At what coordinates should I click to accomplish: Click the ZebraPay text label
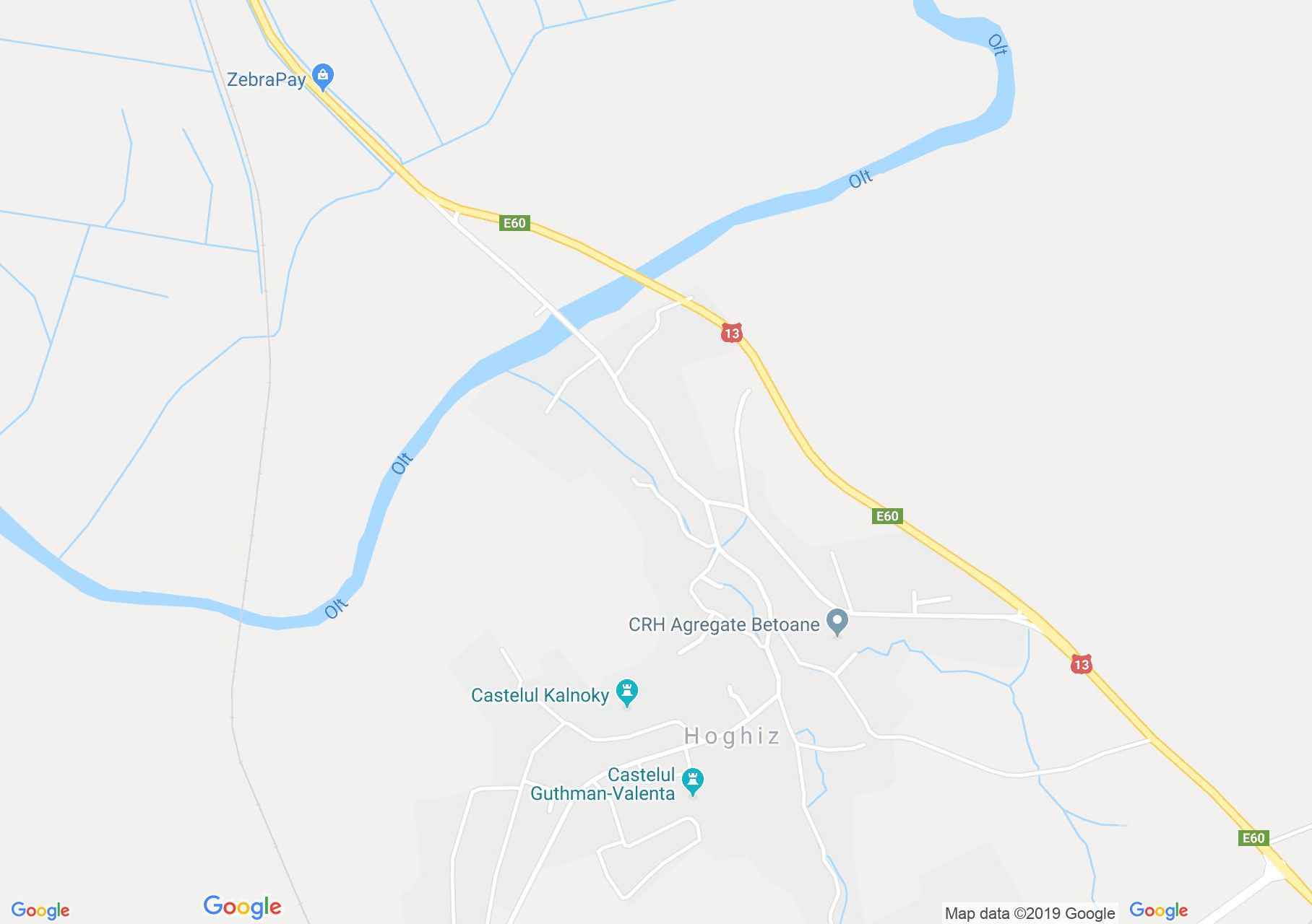(x=266, y=79)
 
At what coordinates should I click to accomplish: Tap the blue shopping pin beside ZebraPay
(x=323, y=76)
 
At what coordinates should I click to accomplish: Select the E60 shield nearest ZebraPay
(x=514, y=223)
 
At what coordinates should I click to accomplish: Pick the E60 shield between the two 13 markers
(x=886, y=516)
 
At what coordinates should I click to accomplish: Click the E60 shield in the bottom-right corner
(x=1253, y=838)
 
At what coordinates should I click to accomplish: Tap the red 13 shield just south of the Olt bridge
(x=731, y=333)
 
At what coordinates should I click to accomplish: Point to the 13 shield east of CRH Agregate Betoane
(x=1081, y=664)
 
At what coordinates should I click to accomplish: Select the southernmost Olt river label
(x=336, y=609)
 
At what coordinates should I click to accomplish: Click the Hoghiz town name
(x=731, y=736)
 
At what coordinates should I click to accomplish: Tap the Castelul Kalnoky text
(x=540, y=695)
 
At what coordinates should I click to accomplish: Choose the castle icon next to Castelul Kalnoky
(x=626, y=692)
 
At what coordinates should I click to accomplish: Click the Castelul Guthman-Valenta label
(x=603, y=784)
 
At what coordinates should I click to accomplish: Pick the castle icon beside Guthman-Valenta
(x=693, y=781)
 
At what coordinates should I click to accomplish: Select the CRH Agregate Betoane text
(x=724, y=624)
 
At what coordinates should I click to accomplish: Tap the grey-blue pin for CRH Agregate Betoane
(x=837, y=622)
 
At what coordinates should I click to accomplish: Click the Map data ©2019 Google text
(x=1030, y=913)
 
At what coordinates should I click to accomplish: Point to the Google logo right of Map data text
(x=1158, y=910)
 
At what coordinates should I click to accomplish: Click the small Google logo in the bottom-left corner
(x=40, y=911)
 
